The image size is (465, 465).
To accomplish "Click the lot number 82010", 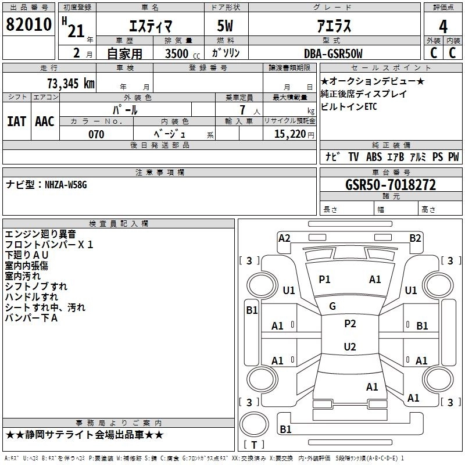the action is (28, 24).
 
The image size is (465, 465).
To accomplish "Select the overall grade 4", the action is (443, 27).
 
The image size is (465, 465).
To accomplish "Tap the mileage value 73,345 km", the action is (71, 84).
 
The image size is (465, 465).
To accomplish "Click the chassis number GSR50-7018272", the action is (391, 185).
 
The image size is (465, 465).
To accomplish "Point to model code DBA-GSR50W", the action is (333, 53).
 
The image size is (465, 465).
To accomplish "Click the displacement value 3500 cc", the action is (183, 53).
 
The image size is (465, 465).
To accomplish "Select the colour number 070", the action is (96, 134).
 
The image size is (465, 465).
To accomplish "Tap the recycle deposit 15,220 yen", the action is (294, 134).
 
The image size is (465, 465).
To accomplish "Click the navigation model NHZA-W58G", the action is (66, 185).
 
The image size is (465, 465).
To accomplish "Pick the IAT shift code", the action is (17, 121).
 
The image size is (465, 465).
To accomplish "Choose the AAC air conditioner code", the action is (45, 121).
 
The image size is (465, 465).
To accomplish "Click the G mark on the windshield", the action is (332, 306).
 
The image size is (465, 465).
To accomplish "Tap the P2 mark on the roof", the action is (350, 324).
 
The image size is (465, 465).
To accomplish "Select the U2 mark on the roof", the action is (350, 346).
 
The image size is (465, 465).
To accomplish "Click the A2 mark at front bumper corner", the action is (284, 238).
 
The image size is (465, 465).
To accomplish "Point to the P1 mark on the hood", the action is (324, 280).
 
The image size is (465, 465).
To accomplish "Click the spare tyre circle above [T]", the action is (254, 424).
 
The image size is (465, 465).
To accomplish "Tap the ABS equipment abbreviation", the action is (374, 157).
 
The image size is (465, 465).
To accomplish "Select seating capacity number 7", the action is (242, 110).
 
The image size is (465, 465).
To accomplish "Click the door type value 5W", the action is (225, 26).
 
